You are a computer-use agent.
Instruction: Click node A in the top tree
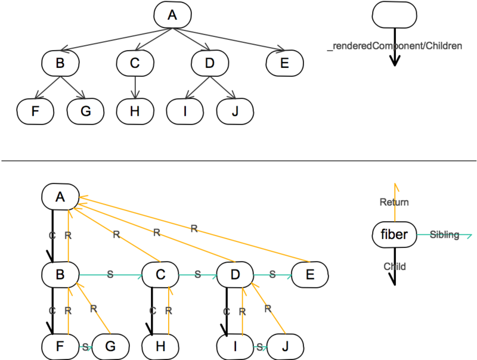[x=172, y=15]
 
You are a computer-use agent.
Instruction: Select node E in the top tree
[x=285, y=63]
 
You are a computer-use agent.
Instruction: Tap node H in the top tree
[x=135, y=111]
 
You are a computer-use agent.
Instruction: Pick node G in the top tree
[x=85, y=111]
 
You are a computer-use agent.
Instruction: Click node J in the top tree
[x=235, y=111]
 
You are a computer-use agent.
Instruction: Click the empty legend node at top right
[x=395, y=15]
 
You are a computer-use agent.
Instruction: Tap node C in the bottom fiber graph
[x=161, y=275]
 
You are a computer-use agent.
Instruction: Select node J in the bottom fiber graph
[x=285, y=346]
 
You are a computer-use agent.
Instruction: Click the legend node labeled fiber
[x=394, y=234]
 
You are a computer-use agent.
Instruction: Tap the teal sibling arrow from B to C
[x=110, y=275]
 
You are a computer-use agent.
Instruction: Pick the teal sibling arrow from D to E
[x=273, y=275]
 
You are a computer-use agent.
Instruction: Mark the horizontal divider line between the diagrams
[x=238, y=160]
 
